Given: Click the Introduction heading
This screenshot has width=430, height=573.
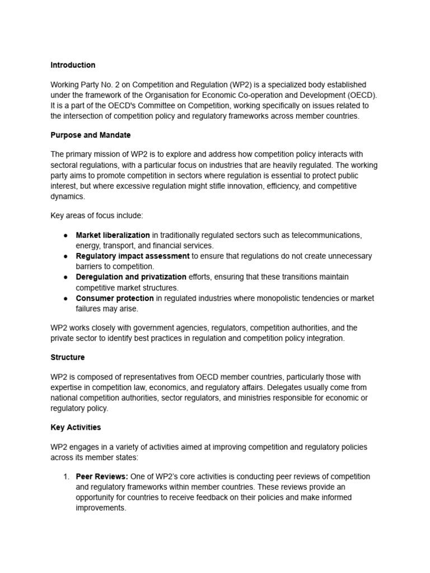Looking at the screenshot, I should pyautogui.click(x=73, y=65).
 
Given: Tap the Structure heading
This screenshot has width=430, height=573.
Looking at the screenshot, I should pyautogui.click(x=68, y=356).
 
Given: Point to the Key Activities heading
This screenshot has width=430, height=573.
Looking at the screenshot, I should pyautogui.click(x=76, y=427).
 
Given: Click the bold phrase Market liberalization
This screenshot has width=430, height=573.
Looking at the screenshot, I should pyautogui.click(x=113, y=235).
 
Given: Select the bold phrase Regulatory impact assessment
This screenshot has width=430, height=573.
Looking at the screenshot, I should pyautogui.click(x=133, y=256).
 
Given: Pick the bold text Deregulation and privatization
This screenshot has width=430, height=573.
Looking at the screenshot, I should pyautogui.click(x=131, y=276).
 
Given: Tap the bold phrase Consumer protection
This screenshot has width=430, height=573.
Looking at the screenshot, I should pyautogui.click(x=115, y=298).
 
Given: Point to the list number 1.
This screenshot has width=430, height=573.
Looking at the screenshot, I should pyautogui.click(x=66, y=476).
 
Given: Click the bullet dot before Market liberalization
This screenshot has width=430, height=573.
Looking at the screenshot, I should pyautogui.click(x=66, y=235).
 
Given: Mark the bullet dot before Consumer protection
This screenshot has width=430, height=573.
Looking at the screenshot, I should pyautogui.click(x=66, y=298).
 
